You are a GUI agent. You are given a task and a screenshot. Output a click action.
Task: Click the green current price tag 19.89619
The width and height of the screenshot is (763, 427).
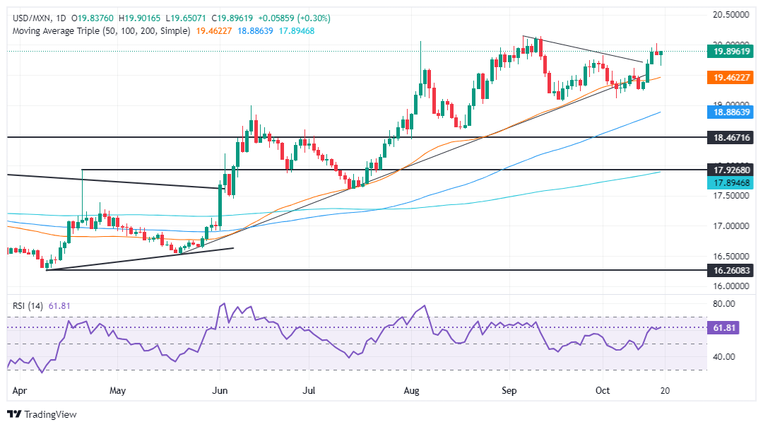point(728,51)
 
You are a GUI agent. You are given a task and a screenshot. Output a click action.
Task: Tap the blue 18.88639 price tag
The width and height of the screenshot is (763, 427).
point(728,112)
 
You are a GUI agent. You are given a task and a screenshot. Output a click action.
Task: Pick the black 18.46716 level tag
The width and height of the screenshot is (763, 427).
point(728,137)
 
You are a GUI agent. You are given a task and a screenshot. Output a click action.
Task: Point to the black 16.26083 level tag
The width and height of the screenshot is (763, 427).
point(728,270)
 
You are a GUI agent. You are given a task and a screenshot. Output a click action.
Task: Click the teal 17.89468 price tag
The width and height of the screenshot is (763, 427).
point(728,182)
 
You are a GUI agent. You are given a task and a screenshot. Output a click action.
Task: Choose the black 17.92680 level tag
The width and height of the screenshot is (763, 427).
point(728,170)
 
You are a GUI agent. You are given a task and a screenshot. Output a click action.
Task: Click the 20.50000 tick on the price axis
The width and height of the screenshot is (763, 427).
point(727,15)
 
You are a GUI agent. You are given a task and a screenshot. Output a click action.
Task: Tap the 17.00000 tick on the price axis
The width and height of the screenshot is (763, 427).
point(727,226)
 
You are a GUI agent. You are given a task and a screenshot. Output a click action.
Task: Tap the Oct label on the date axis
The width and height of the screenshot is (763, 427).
point(602,390)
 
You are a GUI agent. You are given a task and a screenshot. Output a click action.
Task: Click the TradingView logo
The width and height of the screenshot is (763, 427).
point(42,414)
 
